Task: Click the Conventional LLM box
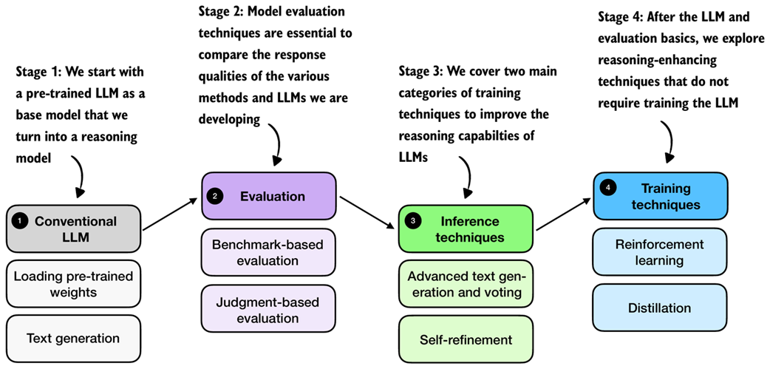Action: (75, 229)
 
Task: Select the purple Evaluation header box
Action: (268, 196)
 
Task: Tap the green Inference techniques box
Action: (466, 229)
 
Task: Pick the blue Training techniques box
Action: (660, 196)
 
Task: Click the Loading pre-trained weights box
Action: (73, 285)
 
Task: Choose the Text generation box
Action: (73, 339)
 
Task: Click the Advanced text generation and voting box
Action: (466, 285)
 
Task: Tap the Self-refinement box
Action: (466, 339)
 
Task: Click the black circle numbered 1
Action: (19, 221)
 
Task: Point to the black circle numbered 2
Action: (215, 196)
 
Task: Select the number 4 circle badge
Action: (608, 189)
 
